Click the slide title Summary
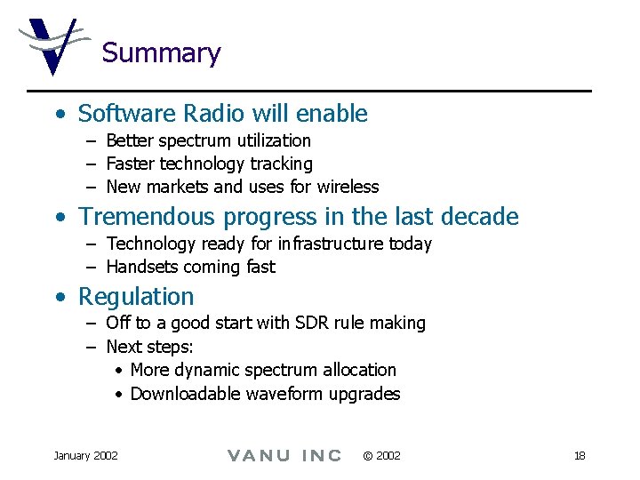[161, 53]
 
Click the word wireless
[348, 187]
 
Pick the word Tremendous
[148, 217]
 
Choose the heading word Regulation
[136, 297]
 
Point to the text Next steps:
[149, 347]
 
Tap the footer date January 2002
[85, 456]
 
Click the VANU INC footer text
[284, 456]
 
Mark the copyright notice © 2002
[381, 456]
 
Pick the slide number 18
[580, 456]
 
